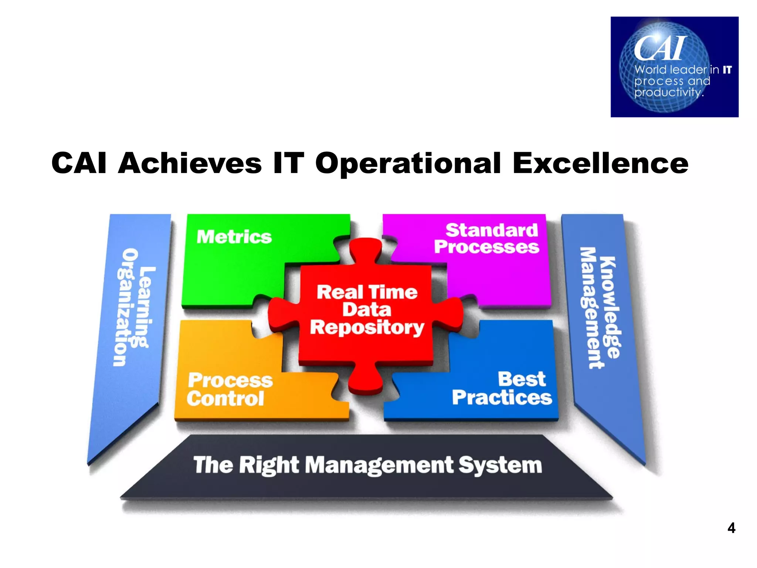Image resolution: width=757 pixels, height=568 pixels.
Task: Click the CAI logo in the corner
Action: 674,67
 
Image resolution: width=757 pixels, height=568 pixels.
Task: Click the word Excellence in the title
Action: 600,163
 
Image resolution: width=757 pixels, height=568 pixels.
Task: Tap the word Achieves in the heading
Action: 190,163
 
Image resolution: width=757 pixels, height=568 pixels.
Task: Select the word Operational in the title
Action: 408,164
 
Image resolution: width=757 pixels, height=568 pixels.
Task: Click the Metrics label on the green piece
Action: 234,237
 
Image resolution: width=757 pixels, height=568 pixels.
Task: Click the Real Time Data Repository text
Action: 367,310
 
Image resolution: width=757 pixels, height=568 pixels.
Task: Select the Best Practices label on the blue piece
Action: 503,389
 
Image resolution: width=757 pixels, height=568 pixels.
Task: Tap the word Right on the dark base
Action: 269,465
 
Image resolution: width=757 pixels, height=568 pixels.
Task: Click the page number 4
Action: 731,528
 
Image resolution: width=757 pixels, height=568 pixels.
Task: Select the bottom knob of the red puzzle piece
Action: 366,381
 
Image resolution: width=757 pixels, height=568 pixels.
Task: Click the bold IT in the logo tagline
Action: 727,70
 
